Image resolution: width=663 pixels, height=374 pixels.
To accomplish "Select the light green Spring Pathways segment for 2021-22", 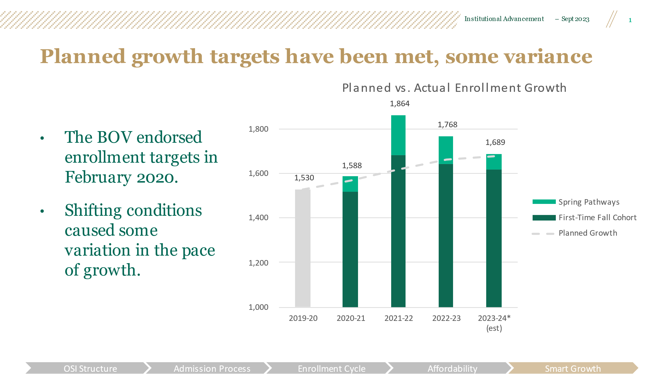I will click(x=398, y=135).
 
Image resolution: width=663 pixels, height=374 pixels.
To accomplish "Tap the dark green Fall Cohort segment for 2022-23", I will click(x=446, y=235).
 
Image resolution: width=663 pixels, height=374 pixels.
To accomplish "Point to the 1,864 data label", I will click(x=399, y=104).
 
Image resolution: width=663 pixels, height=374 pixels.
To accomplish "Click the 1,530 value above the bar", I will click(x=304, y=178).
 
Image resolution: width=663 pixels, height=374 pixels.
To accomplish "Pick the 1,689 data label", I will click(x=495, y=142).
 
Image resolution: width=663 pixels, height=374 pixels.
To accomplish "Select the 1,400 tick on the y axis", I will click(x=258, y=218).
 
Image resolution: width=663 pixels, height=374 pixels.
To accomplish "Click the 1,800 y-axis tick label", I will click(x=258, y=129).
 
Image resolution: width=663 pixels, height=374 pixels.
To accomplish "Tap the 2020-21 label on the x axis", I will click(x=351, y=318).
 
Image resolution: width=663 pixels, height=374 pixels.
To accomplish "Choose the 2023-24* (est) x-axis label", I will click(x=494, y=323).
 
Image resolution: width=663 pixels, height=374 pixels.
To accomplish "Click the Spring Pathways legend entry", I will click(x=588, y=202).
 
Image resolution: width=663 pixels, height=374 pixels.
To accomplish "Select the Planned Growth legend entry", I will click(x=588, y=233).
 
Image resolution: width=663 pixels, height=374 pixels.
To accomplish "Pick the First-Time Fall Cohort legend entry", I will click(x=597, y=218).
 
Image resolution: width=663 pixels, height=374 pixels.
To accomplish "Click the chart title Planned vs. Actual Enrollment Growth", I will click(x=454, y=88).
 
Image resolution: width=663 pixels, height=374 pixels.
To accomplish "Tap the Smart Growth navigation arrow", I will click(x=573, y=368).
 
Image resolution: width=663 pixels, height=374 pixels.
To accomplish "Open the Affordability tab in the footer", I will click(x=452, y=368).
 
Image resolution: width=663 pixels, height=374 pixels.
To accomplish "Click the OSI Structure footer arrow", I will click(x=90, y=368).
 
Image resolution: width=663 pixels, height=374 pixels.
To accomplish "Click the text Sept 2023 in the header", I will click(x=575, y=19).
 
